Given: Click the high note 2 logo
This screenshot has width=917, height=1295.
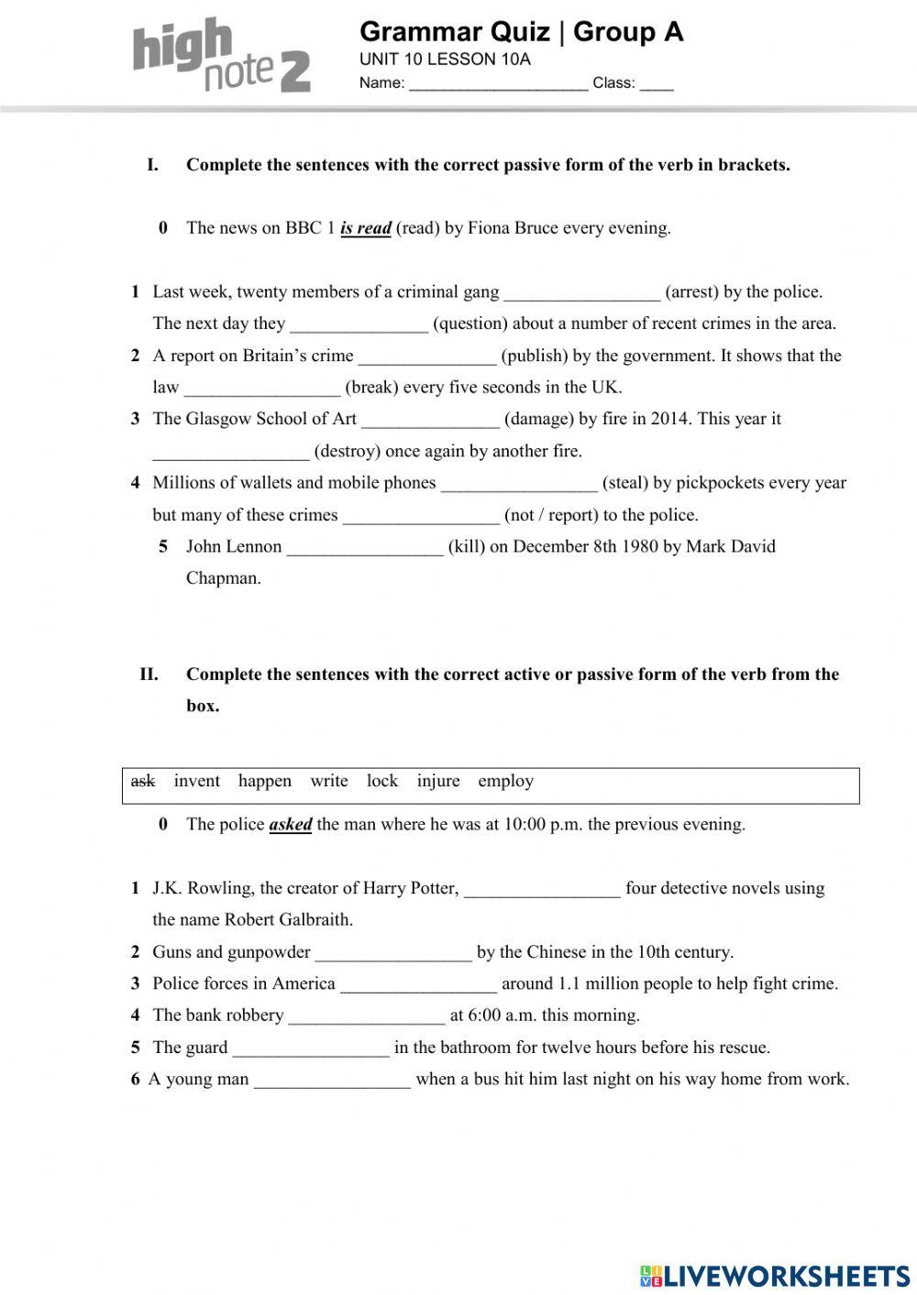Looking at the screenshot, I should point(221,56).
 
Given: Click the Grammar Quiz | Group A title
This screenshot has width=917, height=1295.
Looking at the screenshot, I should point(521,32).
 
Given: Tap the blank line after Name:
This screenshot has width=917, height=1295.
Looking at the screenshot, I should point(498,83).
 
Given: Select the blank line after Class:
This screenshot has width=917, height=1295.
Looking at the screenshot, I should point(657,83).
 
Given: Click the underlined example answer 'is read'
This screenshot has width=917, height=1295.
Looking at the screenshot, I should point(366,228).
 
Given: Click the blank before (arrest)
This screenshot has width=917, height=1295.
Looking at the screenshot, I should point(581,293).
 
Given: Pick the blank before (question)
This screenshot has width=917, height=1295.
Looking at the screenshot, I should point(359,324).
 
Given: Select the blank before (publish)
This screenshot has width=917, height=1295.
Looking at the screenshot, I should point(426,357).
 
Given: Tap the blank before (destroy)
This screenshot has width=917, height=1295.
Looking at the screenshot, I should point(230,452).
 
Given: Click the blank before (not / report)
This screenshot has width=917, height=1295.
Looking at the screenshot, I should point(421,516).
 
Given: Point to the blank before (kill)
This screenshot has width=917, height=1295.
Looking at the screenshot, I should point(365,547).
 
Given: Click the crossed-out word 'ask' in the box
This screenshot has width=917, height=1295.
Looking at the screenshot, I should point(143,781).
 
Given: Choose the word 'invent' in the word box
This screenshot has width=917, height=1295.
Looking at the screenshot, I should point(196,781).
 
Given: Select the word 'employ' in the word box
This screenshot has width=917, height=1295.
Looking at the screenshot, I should point(505,781).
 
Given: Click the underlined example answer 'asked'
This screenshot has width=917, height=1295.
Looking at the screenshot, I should point(290,825).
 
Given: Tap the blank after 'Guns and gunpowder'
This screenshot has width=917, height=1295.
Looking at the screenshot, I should point(393,953).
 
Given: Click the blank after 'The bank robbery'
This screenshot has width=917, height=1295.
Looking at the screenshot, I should point(366,1016).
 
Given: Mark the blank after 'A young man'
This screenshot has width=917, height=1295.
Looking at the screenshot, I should point(332,1081).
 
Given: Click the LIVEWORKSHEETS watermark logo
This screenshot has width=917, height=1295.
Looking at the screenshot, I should point(774,1276).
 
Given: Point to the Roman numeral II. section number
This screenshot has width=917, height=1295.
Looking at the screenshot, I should point(149,675).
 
